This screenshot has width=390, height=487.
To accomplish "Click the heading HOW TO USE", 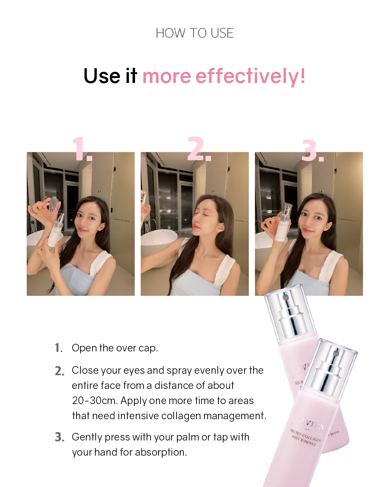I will pos(195,33).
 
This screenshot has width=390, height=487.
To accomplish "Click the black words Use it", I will pos(110,76).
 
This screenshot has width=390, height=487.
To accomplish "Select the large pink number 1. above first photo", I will pos(82,149).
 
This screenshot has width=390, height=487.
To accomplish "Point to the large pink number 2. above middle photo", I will pos(199,149).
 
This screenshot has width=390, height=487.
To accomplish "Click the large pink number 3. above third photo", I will pos(313,150).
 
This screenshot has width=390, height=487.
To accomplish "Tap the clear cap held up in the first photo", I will pos(53,204).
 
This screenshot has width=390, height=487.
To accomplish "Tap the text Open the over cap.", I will pos(115,348).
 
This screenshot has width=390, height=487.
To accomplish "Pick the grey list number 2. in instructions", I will pos(60,371).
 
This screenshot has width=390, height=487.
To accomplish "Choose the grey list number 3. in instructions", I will pos(60,437).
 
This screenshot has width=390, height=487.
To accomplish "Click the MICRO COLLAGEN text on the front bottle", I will pos(305,435).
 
